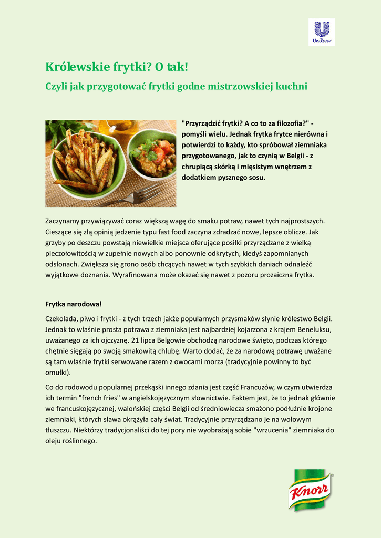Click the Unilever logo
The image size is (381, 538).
321,32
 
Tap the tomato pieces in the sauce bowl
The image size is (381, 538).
163,147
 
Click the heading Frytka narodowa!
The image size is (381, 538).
73,304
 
